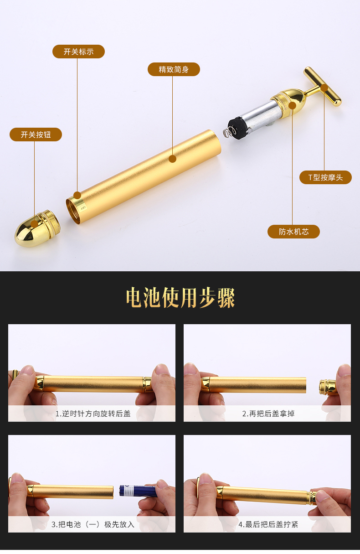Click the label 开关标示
78,52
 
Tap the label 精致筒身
174,69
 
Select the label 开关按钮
36,135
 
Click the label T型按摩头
325,177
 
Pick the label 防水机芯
293,232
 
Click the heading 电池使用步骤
180,298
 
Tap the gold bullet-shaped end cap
37,228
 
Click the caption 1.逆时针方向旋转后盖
93,414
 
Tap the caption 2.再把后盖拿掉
268,414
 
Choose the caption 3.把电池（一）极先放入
93,524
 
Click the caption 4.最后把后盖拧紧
268,524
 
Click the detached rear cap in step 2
328,387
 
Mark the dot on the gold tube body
173,159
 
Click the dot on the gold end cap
34,224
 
